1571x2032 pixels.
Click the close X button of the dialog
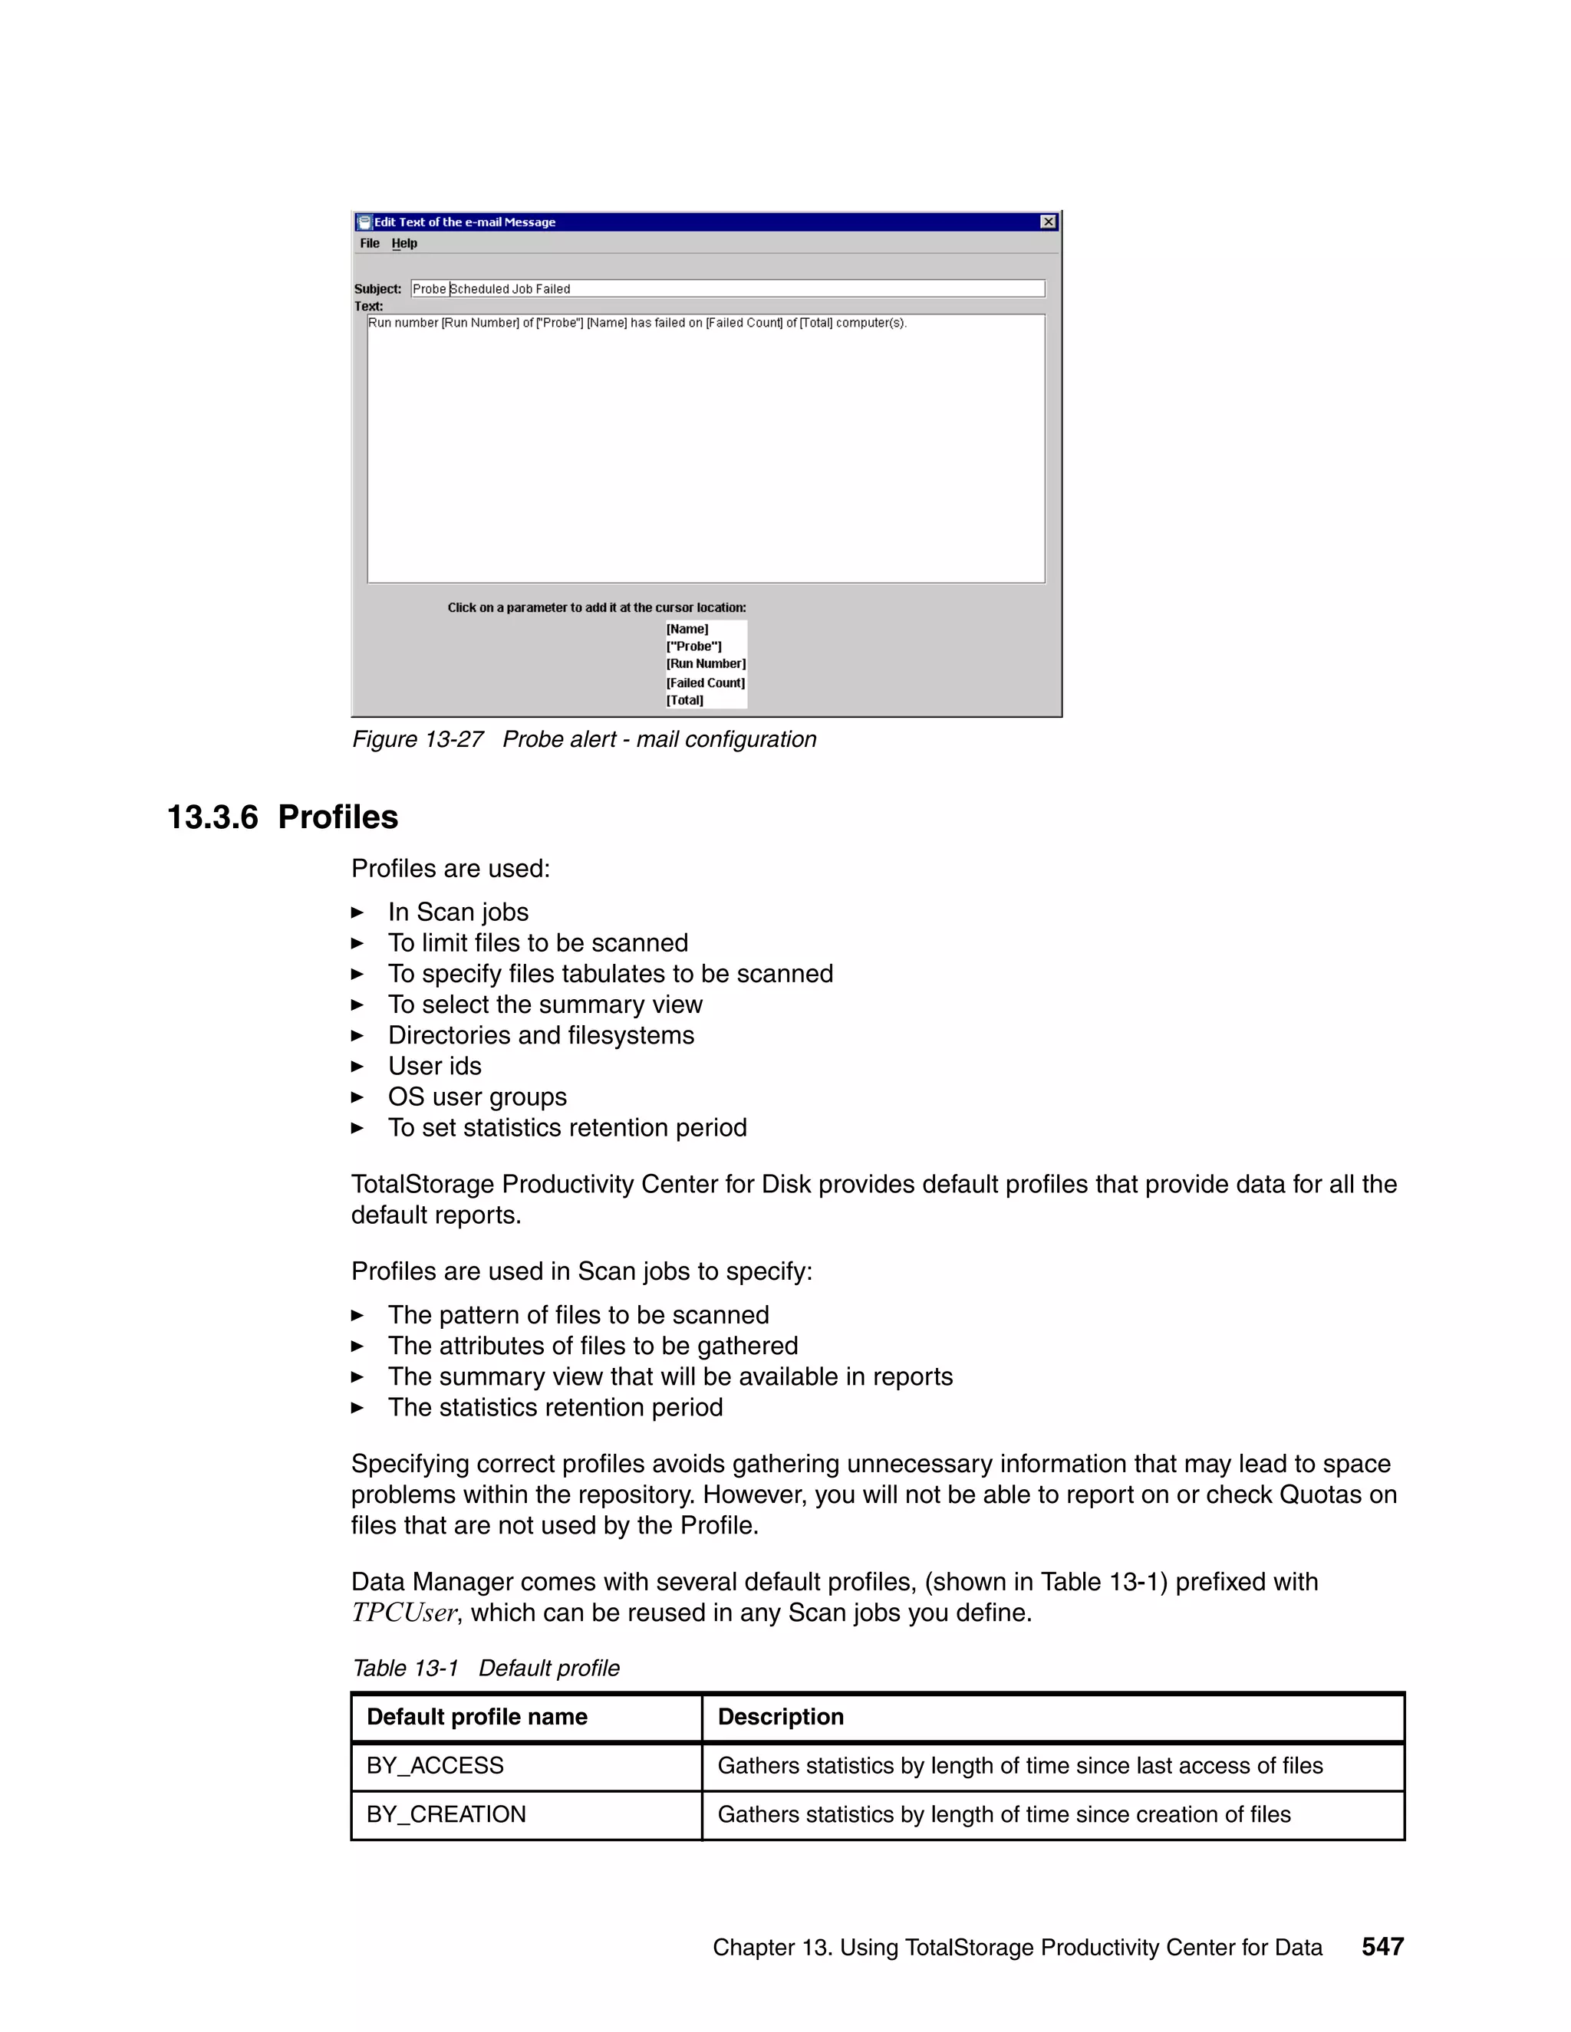pos(1048,222)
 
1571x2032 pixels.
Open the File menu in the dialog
pos(370,244)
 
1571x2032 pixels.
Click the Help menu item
pos(404,244)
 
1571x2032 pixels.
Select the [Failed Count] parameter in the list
pos(704,683)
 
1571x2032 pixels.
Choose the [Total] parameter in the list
pos(684,701)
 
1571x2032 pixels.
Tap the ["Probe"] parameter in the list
pos(693,646)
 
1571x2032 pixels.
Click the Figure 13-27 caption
pos(584,740)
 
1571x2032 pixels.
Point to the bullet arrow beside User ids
pos(357,1067)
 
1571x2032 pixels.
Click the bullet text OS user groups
pos(476,1097)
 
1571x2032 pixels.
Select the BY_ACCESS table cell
pos(435,1766)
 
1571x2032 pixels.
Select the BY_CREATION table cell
pos(446,1814)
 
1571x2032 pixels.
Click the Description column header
pos(780,1717)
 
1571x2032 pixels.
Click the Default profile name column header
pos(476,1717)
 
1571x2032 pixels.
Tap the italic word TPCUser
pos(404,1613)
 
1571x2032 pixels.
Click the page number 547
pos(1382,1946)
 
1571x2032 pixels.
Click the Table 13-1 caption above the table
pos(485,1669)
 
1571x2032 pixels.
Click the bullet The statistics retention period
pos(555,1407)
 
